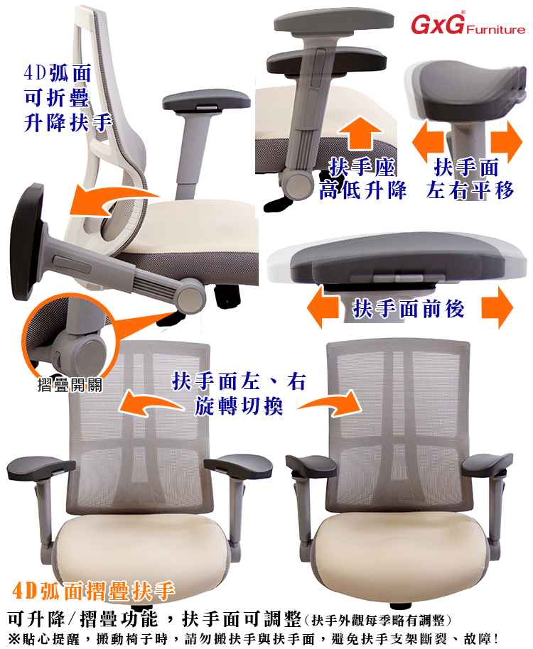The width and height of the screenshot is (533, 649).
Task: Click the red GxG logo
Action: point(437,23)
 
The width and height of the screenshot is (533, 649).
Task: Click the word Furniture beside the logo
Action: point(496,29)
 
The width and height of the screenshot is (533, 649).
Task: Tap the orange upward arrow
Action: point(360,133)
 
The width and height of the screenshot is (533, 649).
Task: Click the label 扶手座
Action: point(362,167)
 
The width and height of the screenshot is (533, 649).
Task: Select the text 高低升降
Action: point(362,190)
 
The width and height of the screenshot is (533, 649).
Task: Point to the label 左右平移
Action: point(470,190)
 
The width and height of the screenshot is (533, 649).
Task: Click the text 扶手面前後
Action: point(409,308)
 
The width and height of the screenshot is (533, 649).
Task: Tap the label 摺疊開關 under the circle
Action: point(70,385)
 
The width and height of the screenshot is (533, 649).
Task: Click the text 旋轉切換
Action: point(239,405)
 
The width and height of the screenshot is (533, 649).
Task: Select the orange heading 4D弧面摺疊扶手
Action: point(93,591)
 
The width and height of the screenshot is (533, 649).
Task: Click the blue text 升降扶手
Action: point(68,123)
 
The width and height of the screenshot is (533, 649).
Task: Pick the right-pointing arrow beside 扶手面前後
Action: point(497,307)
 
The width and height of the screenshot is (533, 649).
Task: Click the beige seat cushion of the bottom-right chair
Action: point(399,555)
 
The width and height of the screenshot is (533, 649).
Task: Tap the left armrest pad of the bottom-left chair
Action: point(41,468)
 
